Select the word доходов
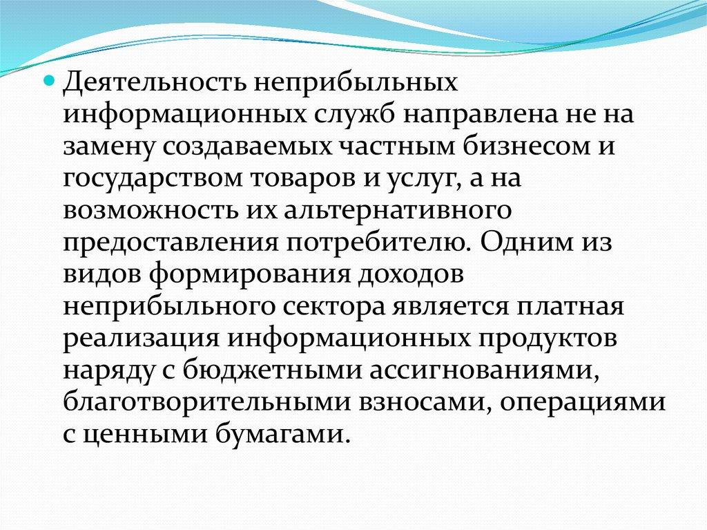[x=411, y=275]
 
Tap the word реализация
[x=141, y=339]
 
